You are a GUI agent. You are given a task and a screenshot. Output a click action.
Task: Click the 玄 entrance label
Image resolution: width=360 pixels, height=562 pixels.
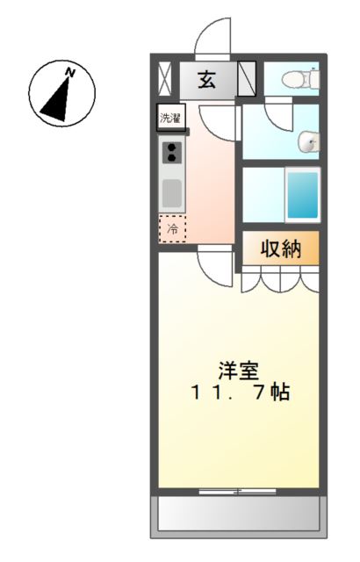208,81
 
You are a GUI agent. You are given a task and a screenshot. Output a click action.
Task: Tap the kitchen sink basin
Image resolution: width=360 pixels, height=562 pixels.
172,191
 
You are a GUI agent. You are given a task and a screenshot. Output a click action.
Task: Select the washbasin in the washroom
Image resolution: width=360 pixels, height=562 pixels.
308,140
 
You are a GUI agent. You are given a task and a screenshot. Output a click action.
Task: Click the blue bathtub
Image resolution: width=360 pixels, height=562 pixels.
303,195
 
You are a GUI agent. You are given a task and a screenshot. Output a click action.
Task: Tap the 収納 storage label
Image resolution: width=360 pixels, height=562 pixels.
280,249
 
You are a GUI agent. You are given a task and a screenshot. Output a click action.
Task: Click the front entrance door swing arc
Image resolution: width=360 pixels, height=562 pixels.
212,37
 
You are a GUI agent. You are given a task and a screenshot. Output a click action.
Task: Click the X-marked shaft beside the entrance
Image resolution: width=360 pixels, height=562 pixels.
165,78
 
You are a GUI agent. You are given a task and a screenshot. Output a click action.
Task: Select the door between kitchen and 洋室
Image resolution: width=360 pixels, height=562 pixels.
213,261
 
